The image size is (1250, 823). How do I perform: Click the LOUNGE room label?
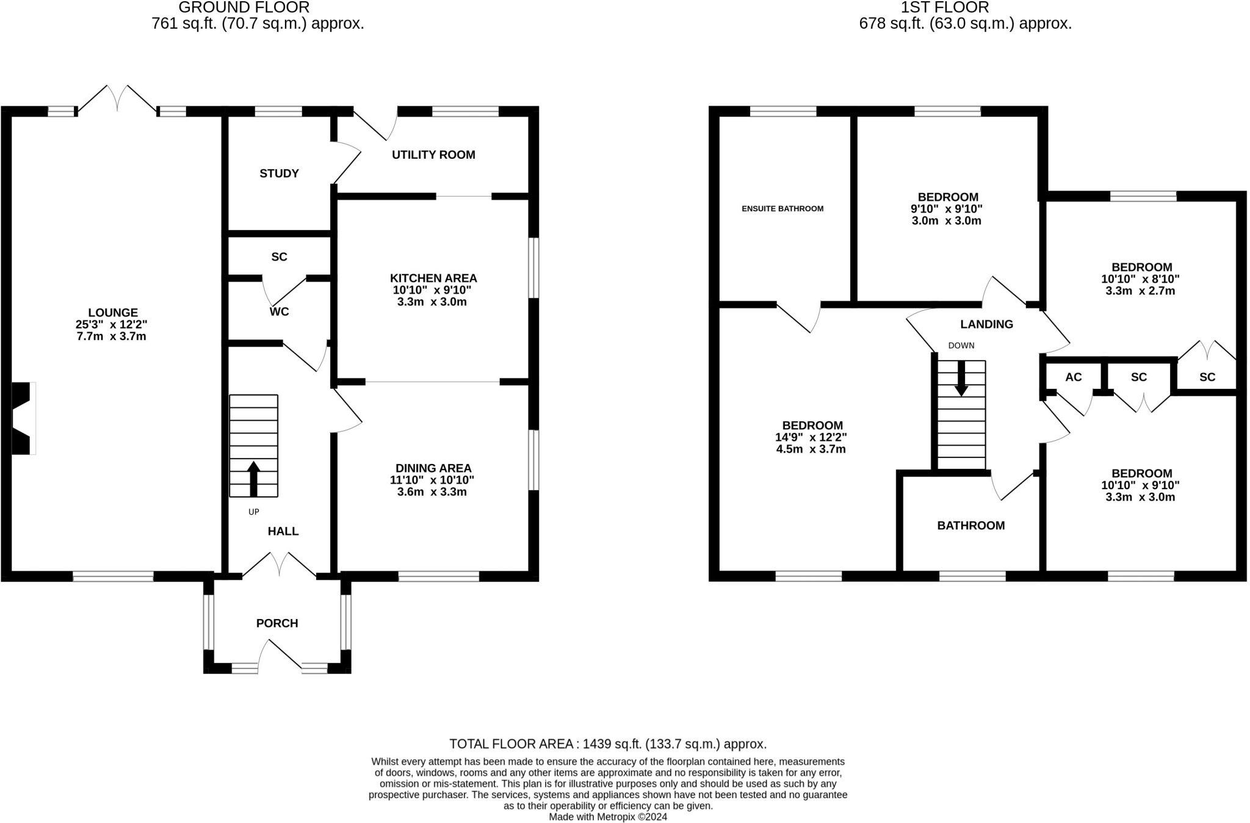click(112, 313)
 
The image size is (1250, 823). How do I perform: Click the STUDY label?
click(279, 173)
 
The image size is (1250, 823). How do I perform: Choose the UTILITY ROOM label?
click(433, 154)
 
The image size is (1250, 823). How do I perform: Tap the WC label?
click(279, 311)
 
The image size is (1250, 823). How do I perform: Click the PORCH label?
click(277, 623)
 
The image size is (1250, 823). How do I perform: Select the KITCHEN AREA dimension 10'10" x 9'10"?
click(432, 290)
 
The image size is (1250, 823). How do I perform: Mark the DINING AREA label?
click(433, 468)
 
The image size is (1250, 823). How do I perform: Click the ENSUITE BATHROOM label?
click(782, 209)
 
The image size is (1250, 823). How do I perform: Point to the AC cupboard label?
click(1073, 377)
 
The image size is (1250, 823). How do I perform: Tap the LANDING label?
click(986, 324)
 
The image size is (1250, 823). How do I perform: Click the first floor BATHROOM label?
click(970, 525)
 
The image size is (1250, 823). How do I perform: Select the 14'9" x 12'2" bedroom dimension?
click(811, 437)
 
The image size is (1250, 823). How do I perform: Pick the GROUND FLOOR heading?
click(244, 8)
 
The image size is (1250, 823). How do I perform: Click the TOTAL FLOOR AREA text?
click(607, 744)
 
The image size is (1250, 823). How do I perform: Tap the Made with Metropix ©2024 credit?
click(607, 817)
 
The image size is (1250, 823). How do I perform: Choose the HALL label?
click(283, 531)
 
